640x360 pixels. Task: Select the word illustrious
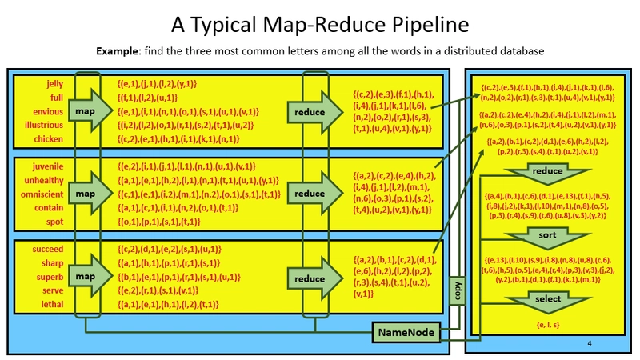[43, 125]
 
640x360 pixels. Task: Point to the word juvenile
[47, 166]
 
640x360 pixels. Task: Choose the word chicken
[47, 139]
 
